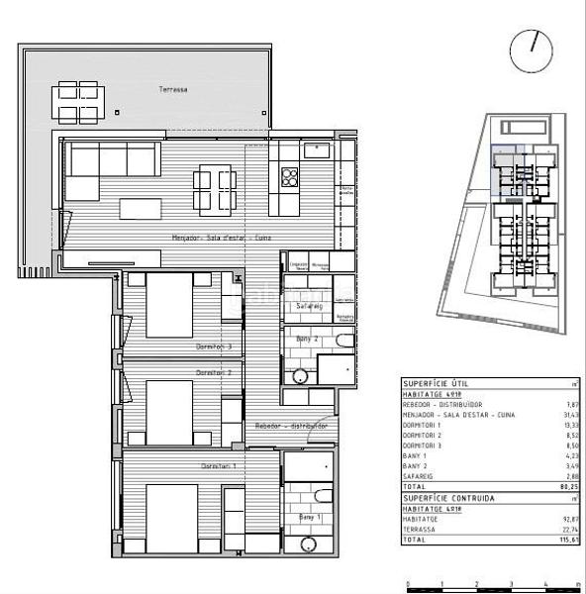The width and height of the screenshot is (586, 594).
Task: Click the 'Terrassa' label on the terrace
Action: [173, 89]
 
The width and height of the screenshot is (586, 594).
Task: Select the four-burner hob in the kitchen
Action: [291, 177]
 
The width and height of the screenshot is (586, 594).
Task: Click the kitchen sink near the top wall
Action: [317, 150]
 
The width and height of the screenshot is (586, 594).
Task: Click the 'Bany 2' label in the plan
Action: [306, 339]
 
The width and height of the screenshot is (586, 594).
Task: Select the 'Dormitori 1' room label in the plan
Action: [218, 465]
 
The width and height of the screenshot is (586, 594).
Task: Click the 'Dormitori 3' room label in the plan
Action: [213, 346]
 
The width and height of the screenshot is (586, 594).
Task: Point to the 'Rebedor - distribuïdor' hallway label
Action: [291, 426]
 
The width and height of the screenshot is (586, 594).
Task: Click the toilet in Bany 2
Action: [342, 343]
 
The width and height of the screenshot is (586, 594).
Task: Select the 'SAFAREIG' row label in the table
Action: [420, 476]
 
